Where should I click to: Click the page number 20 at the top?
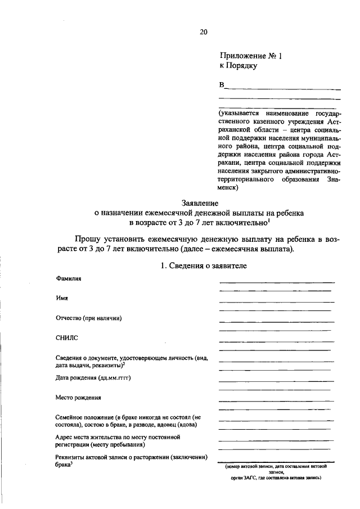(204, 32)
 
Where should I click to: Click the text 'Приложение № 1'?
(249, 56)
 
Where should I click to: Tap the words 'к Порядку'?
(238, 66)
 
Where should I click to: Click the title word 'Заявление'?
(200, 203)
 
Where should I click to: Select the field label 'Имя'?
(61, 299)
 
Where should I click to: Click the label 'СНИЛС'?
(66, 337)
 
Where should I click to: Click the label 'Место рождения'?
(78, 397)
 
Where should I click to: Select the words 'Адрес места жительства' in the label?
(90, 436)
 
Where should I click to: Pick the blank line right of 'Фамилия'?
(276, 282)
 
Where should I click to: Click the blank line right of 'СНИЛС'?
(276, 341)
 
